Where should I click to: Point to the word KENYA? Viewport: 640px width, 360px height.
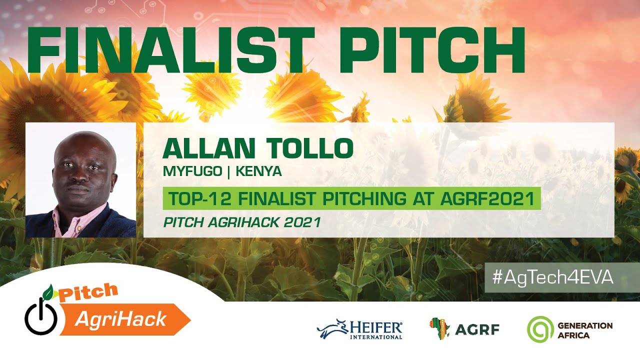[x=259, y=172]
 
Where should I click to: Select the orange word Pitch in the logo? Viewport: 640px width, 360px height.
[x=88, y=293]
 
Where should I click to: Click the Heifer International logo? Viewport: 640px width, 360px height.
[x=359, y=329]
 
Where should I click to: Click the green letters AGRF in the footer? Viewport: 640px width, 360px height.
[x=477, y=329]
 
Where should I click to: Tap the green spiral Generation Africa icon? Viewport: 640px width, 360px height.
[x=539, y=329]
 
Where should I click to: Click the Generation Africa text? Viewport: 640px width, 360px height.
[x=584, y=330]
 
